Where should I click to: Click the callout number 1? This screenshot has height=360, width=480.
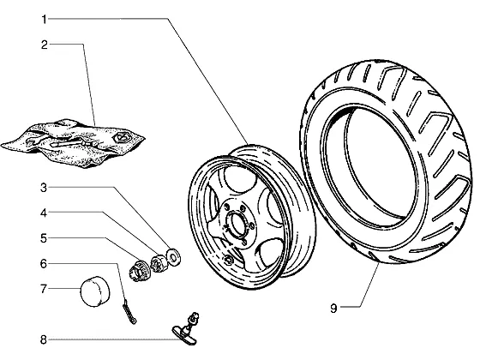click(44, 20)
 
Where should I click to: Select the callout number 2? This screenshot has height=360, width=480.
click(45, 45)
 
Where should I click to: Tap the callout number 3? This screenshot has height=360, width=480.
click(44, 188)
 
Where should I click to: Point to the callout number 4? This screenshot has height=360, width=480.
click(44, 213)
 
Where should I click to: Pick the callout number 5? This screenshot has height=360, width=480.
click(44, 238)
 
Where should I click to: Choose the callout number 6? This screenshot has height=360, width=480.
click(44, 264)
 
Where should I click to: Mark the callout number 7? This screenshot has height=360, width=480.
click(44, 289)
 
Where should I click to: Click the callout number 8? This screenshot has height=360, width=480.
click(44, 339)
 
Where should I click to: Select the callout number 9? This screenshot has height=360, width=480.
click(333, 308)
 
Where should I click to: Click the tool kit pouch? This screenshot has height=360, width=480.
click(74, 143)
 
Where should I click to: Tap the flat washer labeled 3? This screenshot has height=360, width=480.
click(173, 256)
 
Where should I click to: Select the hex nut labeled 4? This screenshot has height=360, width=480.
click(159, 263)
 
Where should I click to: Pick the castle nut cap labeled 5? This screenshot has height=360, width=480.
click(139, 271)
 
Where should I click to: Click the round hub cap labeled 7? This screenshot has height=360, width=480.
click(95, 291)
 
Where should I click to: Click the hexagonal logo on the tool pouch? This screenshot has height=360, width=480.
click(122, 137)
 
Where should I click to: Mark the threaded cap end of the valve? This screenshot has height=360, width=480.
click(195, 316)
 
